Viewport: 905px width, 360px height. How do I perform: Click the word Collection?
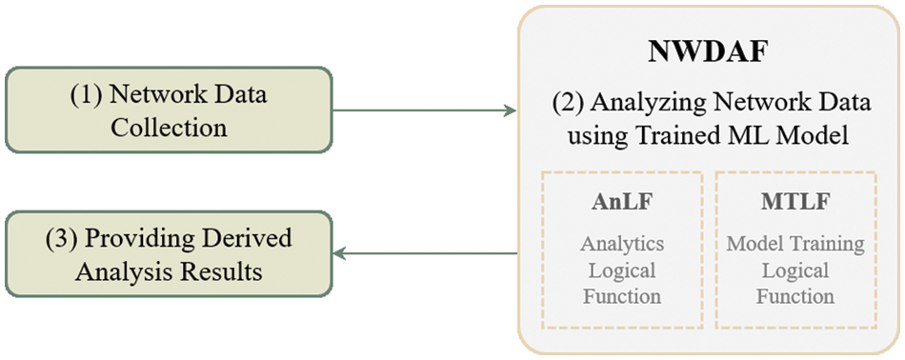click(x=169, y=128)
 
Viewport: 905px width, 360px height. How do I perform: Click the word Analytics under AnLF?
click(x=622, y=244)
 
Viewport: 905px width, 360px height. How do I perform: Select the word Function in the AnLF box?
click(x=622, y=296)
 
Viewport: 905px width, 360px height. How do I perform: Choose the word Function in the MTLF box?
click(x=795, y=296)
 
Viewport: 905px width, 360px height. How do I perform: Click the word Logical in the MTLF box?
click(x=795, y=270)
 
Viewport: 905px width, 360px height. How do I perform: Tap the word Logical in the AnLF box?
click(x=622, y=270)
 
